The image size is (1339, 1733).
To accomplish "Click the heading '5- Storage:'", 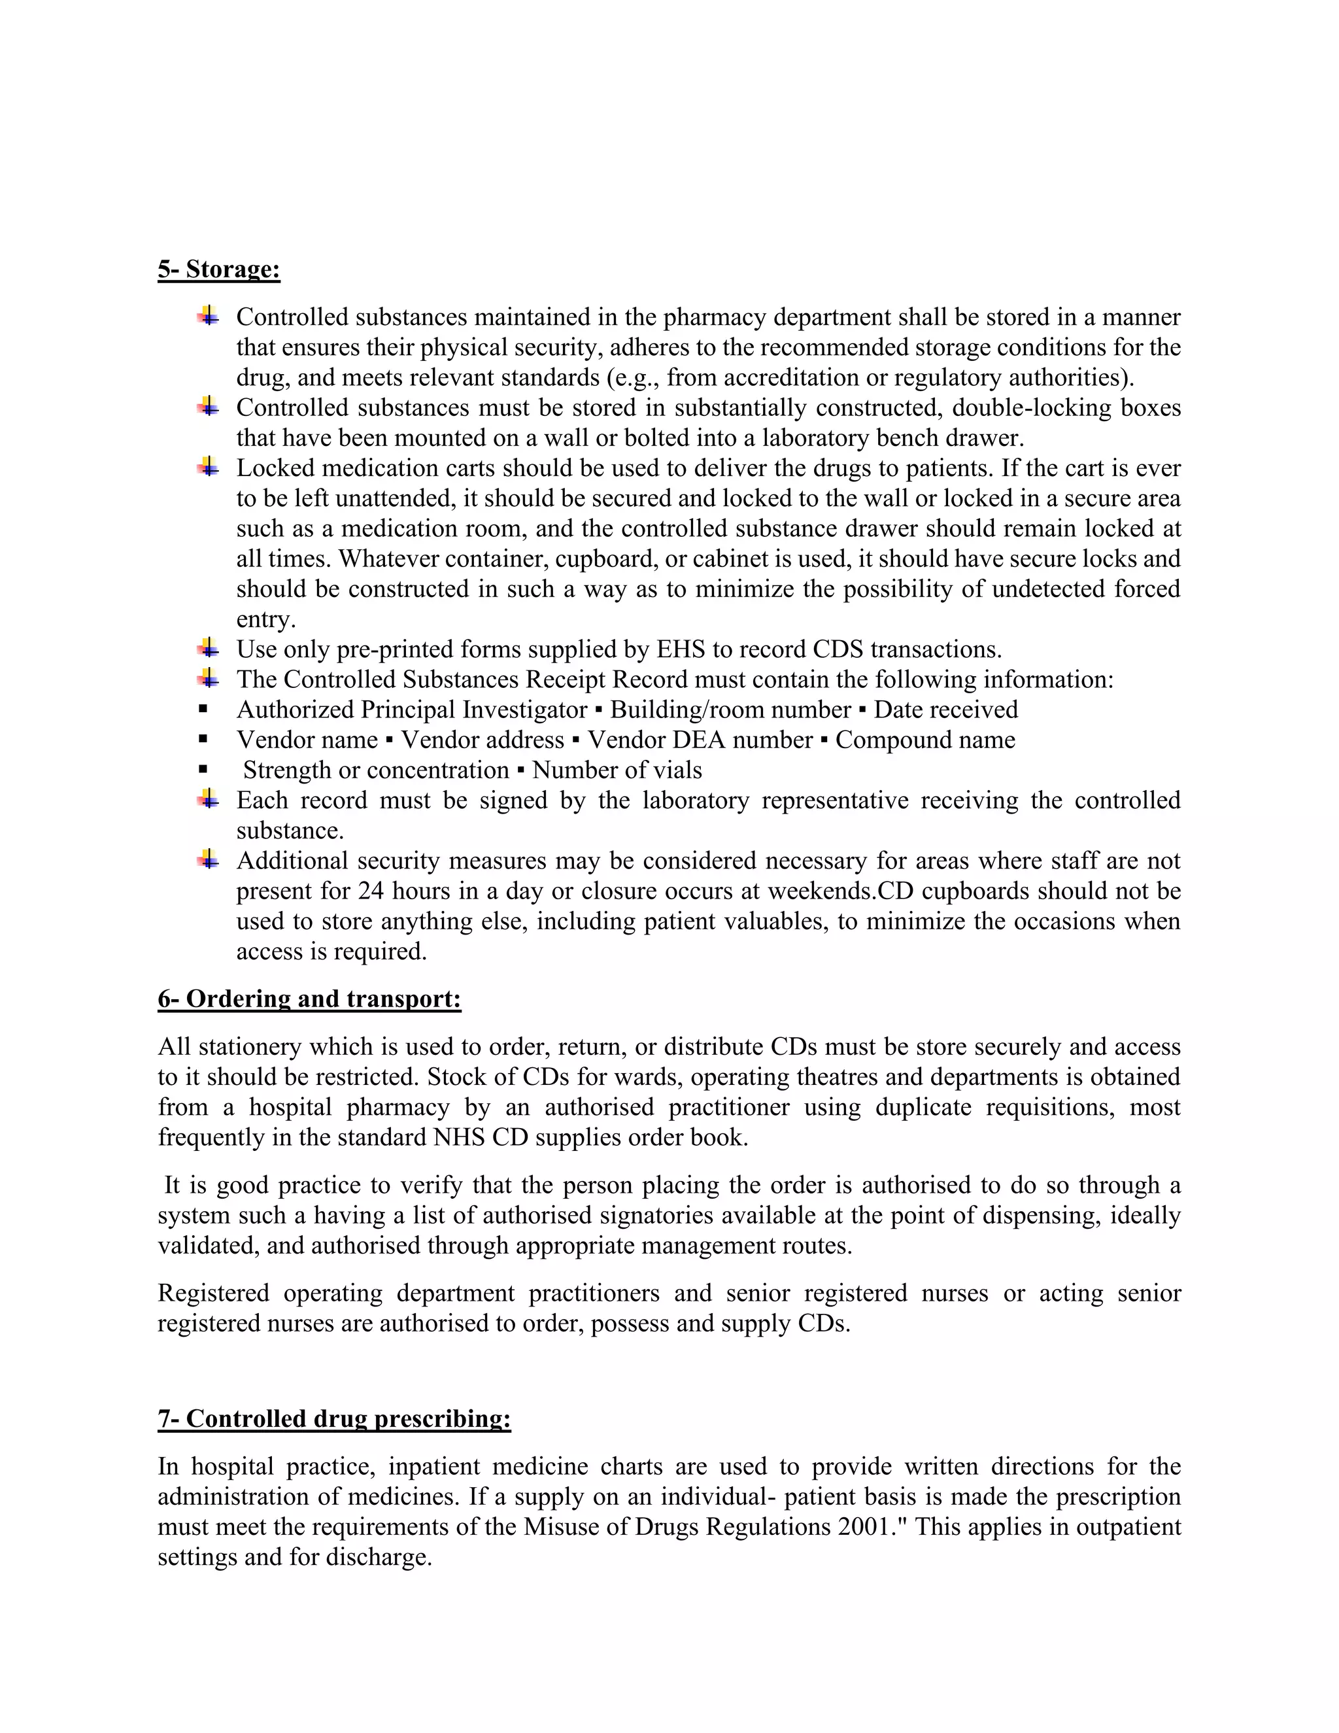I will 219,270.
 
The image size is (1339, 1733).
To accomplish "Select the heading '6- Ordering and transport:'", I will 309,999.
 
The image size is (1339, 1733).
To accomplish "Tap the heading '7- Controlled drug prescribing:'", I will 334,1419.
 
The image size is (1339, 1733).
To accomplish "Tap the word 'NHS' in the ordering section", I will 459,1138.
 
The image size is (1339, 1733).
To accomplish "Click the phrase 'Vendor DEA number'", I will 700,740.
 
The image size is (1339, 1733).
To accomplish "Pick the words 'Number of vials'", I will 617,770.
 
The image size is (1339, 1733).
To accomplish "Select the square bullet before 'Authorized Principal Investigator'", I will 204,710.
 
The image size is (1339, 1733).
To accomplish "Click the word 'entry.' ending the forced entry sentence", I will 265,620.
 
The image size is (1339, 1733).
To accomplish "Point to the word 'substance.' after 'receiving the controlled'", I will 290,831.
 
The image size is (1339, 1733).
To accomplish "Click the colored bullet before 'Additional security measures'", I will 208,859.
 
